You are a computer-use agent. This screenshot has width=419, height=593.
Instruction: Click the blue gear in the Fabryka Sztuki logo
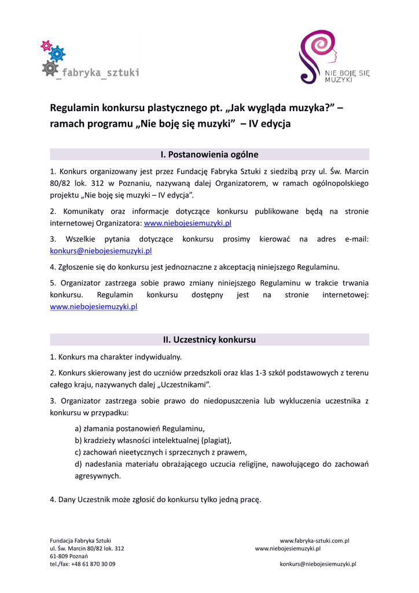click(57, 54)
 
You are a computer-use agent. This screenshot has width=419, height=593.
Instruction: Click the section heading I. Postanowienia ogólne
click(209, 155)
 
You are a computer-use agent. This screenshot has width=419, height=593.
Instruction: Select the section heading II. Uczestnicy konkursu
click(209, 340)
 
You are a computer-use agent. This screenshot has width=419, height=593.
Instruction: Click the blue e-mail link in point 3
click(101, 251)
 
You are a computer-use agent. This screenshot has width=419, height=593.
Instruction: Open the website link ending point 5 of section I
click(94, 307)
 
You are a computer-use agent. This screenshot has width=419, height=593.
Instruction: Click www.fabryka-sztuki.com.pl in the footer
click(314, 541)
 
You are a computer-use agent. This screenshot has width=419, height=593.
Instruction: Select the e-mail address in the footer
click(318, 564)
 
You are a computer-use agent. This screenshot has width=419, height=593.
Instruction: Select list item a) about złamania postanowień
click(140, 429)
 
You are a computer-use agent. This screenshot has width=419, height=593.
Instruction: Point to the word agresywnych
click(98, 476)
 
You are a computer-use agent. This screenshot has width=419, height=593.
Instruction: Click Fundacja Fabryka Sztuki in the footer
click(80, 541)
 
